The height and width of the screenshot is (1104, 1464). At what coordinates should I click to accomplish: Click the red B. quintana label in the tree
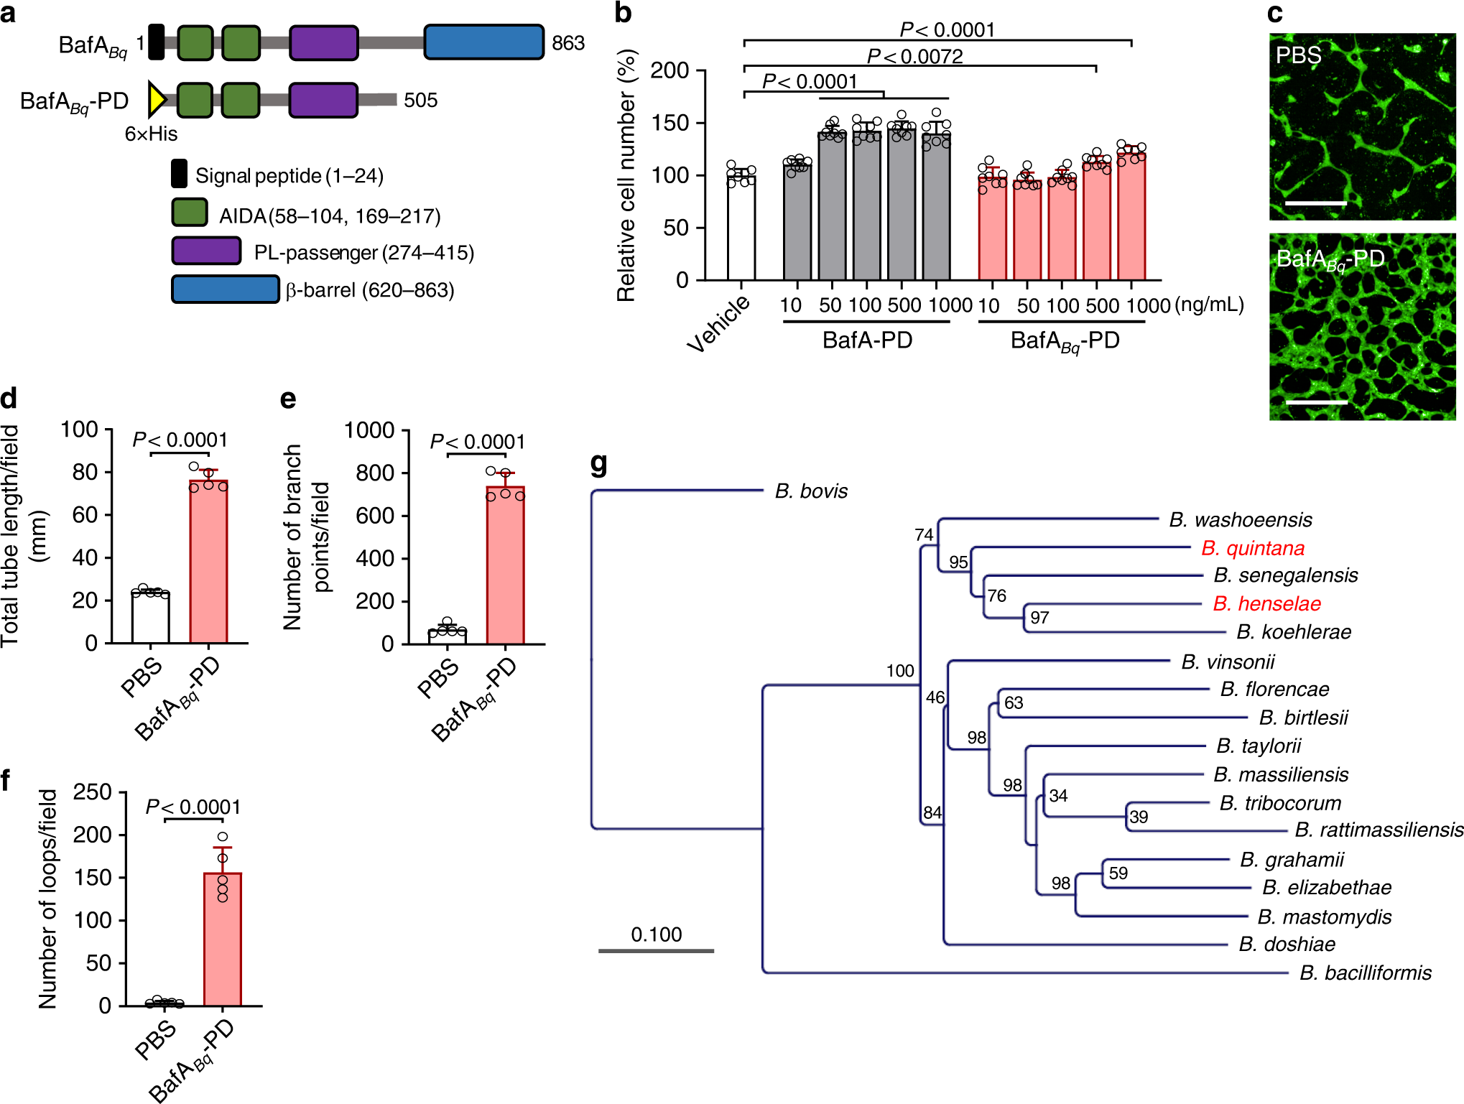[1252, 548]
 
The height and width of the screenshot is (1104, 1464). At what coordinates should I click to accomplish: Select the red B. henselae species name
[1266, 603]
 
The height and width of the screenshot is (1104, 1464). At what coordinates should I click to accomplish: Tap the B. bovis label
[811, 491]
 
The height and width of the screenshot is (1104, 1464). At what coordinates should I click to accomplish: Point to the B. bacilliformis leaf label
[1365, 973]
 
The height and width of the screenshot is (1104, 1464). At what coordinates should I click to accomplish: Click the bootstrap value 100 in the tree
[899, 671]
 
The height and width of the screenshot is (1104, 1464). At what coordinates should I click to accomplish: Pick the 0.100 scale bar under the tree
[656, 950]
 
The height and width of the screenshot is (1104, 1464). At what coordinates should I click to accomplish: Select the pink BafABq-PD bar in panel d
[208, 560]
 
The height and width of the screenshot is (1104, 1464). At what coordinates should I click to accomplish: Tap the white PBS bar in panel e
[447, 636]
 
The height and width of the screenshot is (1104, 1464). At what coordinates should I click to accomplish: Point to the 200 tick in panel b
[670, 70]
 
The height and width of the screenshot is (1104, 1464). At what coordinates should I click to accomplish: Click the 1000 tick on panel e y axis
[369, 430]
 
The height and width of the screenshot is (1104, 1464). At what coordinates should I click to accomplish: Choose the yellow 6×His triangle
[156, 99]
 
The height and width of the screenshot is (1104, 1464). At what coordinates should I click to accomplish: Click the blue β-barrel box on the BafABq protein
[483, 42]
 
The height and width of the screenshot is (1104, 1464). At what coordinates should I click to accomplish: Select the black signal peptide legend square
[179, 174]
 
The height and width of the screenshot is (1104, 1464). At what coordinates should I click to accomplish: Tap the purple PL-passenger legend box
[206, 251]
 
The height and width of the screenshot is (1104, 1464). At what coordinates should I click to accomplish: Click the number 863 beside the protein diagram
[567, 43]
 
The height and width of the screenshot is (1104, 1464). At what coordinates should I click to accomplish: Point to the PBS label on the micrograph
[1297, 55]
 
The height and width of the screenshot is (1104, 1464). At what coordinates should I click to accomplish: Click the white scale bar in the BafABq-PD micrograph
[1316, 402]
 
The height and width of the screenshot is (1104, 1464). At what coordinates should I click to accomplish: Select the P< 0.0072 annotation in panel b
[914, 56]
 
